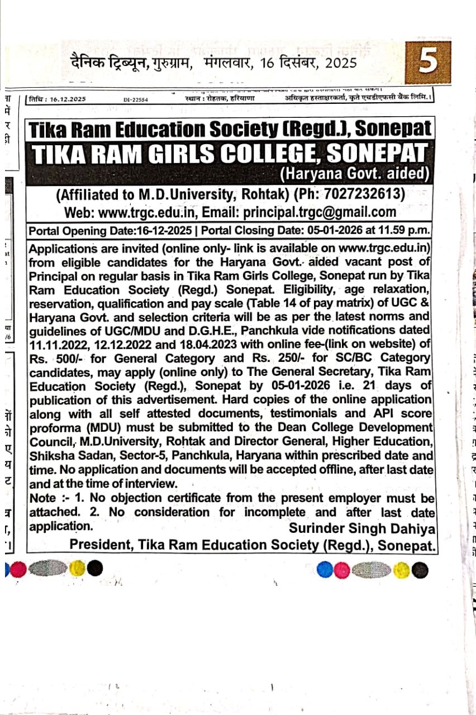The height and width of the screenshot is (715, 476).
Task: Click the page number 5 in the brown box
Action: point(427,61)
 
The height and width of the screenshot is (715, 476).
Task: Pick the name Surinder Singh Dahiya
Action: point(362,528)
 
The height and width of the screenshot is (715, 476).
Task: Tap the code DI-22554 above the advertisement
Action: point(136,99)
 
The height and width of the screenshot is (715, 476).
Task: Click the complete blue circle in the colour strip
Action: point(325,570)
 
